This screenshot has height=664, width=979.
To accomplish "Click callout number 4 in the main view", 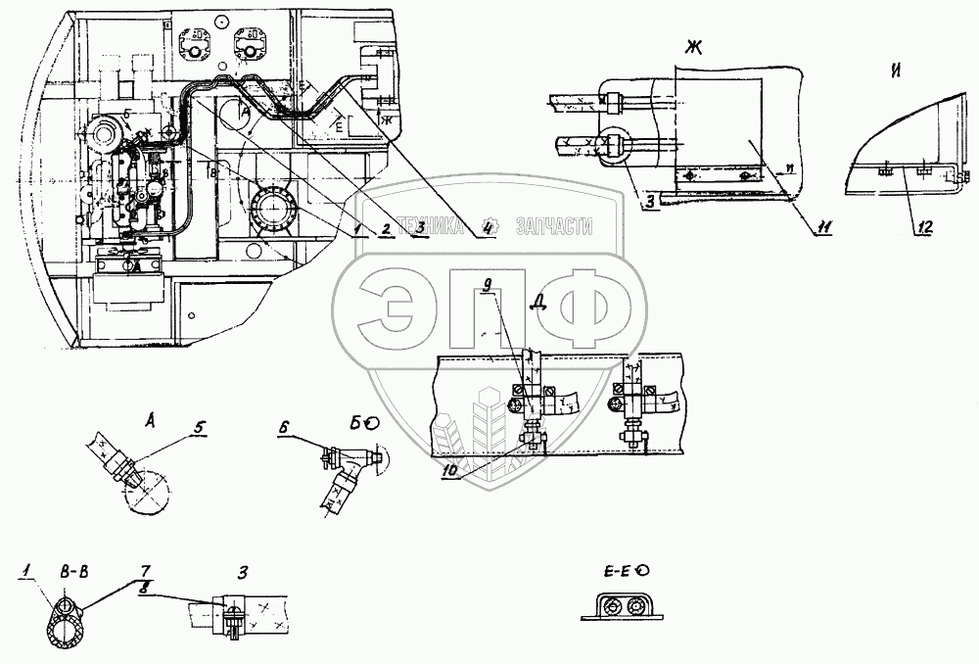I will pos(488,231).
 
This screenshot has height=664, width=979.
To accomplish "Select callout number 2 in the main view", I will pos(387,228).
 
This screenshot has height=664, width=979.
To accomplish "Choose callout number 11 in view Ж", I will pos(824,228).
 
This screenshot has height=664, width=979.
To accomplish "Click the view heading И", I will pos(898,70).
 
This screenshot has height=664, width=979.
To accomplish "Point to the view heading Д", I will pos(536,301).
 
